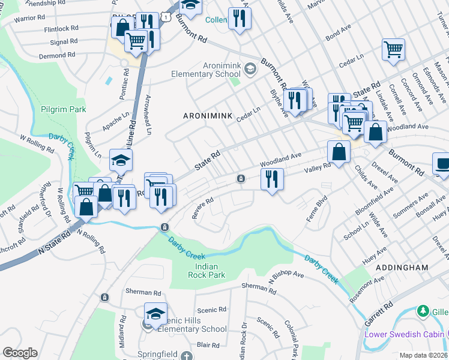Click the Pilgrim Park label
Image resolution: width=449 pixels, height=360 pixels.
tap(64, 109)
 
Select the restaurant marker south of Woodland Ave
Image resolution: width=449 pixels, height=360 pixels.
tap(272, 179)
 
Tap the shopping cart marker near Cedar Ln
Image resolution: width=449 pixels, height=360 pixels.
tap(393, 50)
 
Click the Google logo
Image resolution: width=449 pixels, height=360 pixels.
tap(20, 352)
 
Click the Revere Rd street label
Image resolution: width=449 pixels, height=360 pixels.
tap(202, 210)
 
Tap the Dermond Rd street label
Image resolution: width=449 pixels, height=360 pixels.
tap(54, 55)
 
